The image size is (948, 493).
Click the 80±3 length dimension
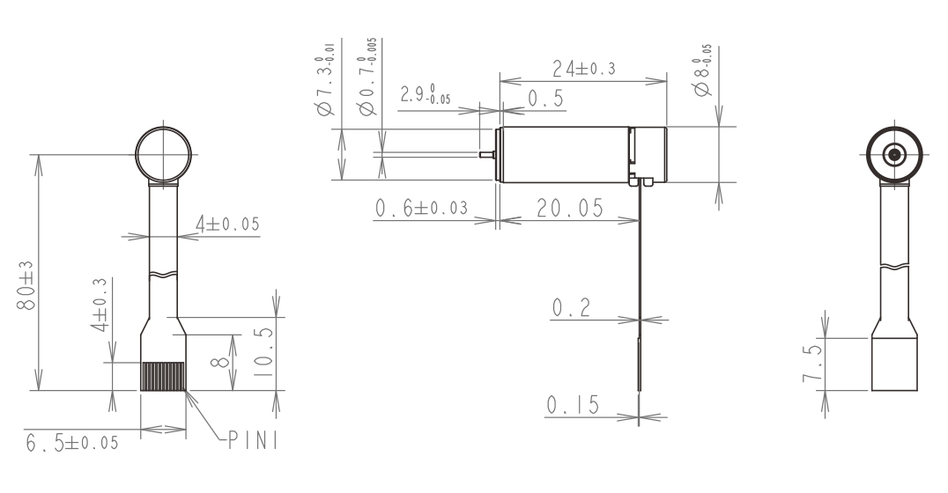pos(26,286)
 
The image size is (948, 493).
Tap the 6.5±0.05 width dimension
pos(72,443)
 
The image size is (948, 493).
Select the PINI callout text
pos(254,440)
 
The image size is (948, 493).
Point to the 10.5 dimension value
pos(263,353)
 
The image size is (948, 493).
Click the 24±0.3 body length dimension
pos(584,69)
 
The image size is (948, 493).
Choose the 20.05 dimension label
pos(570,208)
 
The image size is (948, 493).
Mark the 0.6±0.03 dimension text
pos(421,208)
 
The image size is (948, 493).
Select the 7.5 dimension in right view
pos(813,363)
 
